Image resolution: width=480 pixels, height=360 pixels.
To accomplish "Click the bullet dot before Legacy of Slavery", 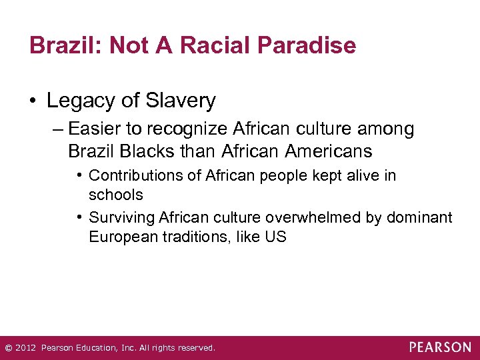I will pyautogui.click(x=33, y=101).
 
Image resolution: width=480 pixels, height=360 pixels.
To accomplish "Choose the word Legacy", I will pyautogui.click(x=77, y=101).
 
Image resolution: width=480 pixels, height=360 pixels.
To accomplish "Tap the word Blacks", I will pyautogui.click(x=149, y=151).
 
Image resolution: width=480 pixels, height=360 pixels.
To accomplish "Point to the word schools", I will pyautogui.click(x=116, y=195).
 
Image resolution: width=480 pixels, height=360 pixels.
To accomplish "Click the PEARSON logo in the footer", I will pyautogui.click(x=440, y=347).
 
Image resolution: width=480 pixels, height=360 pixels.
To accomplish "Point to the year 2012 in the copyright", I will pyautogui.click(x=25, y=348).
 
